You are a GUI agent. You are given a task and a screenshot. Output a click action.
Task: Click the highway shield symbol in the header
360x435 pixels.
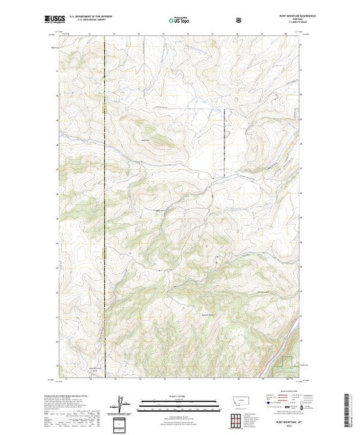238,21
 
